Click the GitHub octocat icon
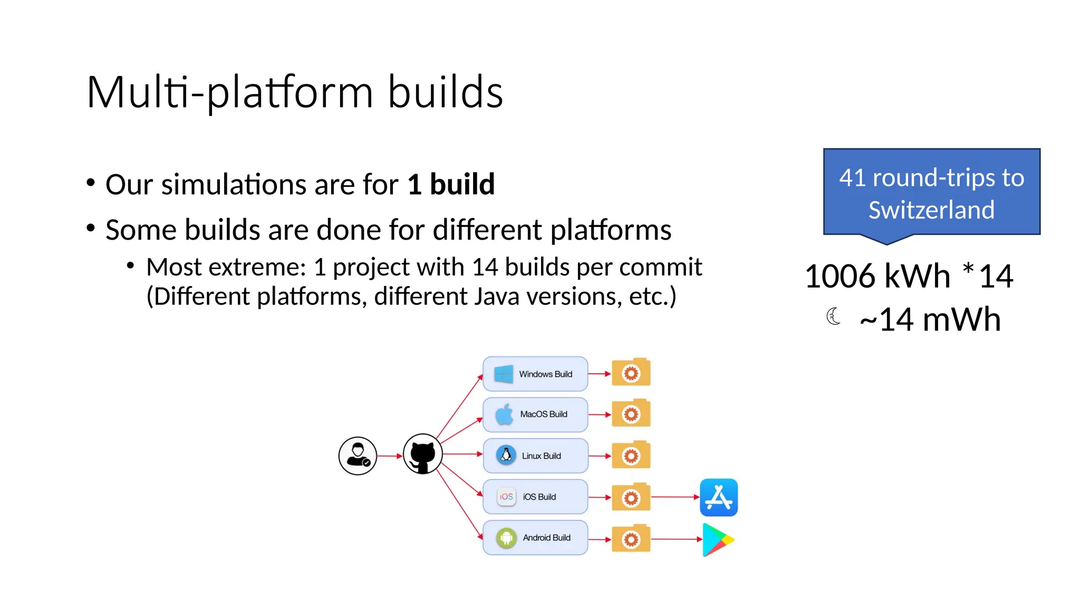(x=422, y=454)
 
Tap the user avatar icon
(x=358, y=455)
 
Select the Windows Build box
(x=535, y=374)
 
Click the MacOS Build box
(x=535, y=414)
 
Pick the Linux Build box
(x=535, y=455)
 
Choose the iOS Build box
(x=535, y=497)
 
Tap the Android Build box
(x=535, y=538)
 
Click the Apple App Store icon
(x=718, y=497)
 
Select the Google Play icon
(x=717, y=539)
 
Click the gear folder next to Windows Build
(x=631, y=373)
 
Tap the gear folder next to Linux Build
(x=631, y=455)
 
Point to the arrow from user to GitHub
(x=390, y=455)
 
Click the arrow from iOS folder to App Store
(x=675, y=497)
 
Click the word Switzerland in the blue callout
(x=931, y=210)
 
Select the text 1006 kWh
(x=877, y=276)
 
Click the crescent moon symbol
(x=833, y=316)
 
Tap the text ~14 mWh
(x=930, y=320)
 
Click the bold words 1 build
(x=451, y=184)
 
